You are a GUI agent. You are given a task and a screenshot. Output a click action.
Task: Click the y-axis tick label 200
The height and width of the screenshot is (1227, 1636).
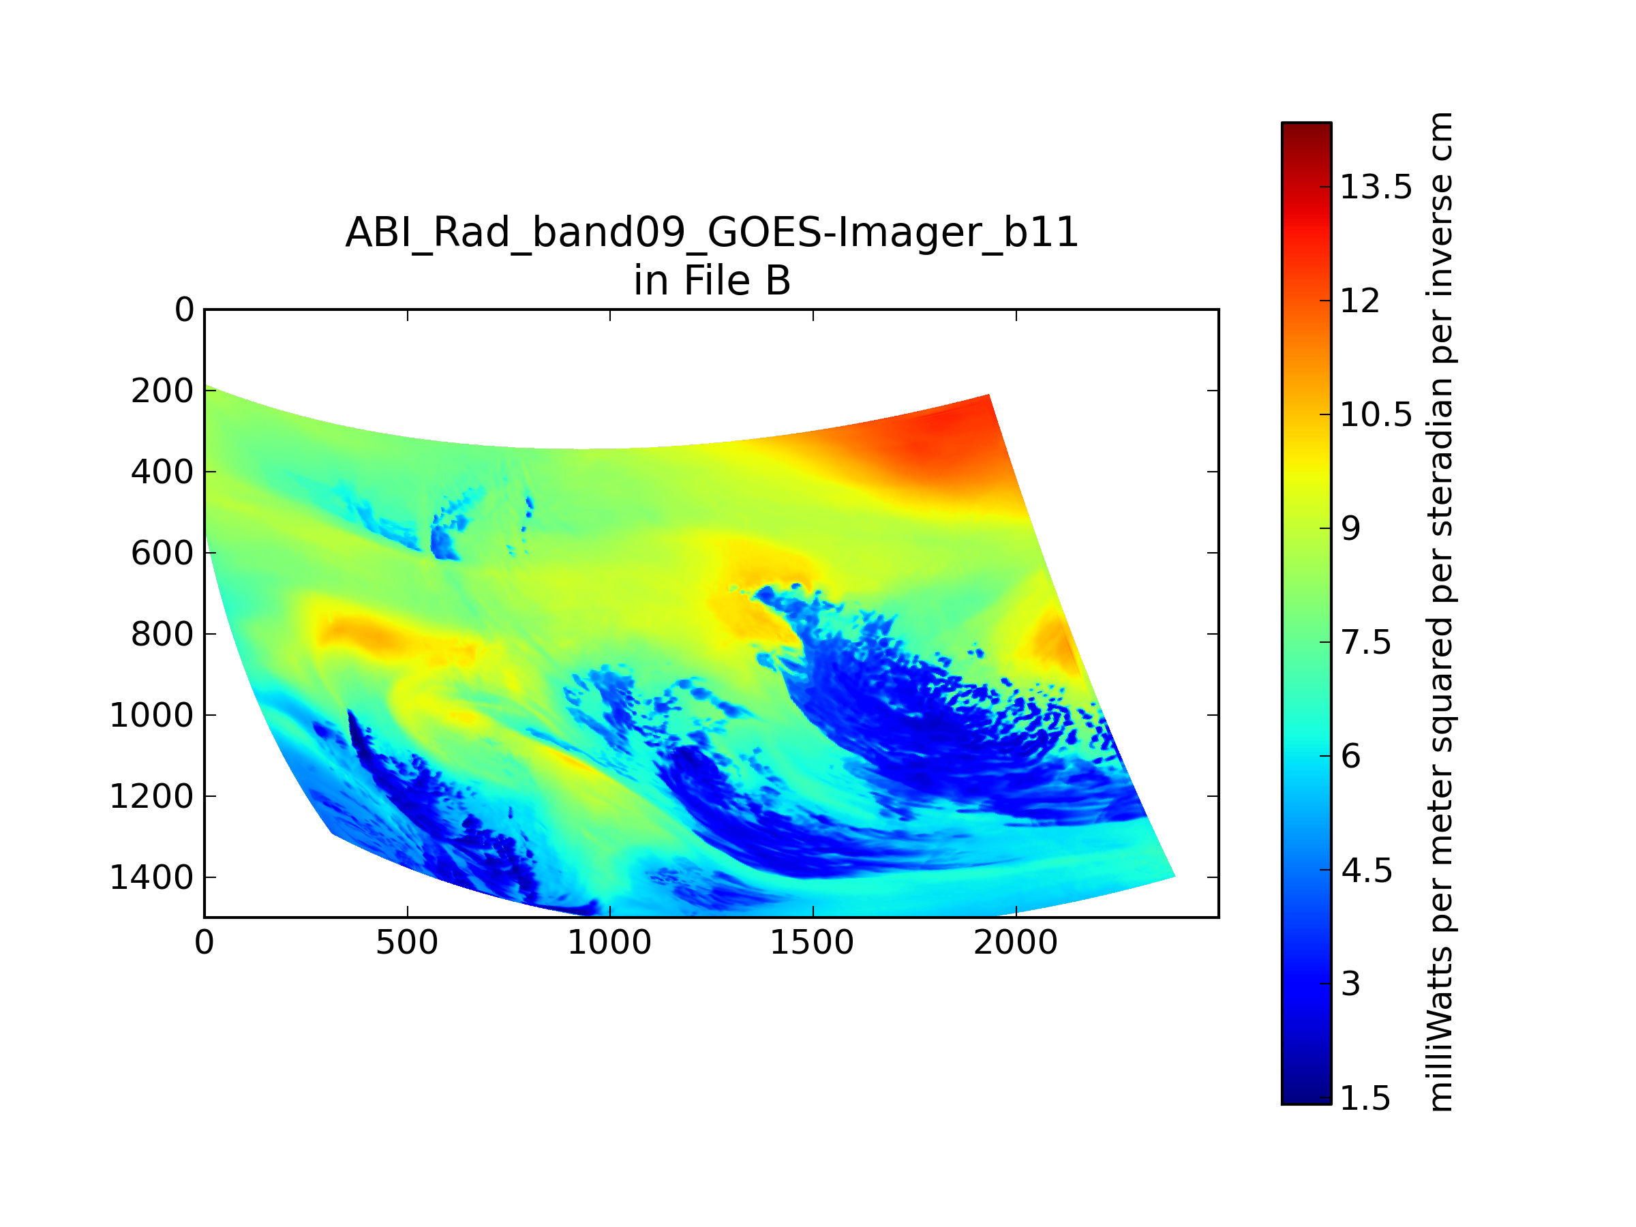[162, 391]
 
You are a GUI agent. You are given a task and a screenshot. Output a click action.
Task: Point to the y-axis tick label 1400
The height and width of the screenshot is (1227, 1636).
[151, 878]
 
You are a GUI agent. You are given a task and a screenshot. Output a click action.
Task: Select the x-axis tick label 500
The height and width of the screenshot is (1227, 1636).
[407, 943]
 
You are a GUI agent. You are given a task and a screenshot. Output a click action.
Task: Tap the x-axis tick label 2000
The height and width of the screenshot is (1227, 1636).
[1016, 943]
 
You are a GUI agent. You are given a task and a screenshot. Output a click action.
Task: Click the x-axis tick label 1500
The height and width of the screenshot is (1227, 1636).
[812, 943]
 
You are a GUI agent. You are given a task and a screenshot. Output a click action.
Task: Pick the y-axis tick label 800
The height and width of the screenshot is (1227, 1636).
[162, 635]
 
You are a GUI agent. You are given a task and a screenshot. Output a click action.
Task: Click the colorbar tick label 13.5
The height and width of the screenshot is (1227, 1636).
[1376, 187]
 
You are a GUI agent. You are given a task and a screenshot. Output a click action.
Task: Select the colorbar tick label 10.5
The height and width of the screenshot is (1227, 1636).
[1376, 415]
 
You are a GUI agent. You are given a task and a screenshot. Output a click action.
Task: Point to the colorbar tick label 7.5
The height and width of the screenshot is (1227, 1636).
[1366, 643]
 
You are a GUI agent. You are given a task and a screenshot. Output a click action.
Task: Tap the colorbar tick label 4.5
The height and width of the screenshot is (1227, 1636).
[1367, 871]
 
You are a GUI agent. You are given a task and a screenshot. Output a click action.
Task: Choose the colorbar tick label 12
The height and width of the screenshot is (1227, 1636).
[1360, 301]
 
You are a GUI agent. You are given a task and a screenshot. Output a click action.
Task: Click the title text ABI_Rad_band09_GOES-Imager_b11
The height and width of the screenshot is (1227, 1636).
[712, 234]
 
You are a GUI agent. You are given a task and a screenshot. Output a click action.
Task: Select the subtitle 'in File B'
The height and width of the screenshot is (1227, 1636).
[712, 281]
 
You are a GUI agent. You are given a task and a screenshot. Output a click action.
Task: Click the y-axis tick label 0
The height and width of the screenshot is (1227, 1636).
[184, 310]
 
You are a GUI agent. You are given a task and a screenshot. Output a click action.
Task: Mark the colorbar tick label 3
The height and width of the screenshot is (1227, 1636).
[1351, 984]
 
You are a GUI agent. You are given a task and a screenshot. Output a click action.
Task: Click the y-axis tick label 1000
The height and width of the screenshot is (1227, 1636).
[151, 716]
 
